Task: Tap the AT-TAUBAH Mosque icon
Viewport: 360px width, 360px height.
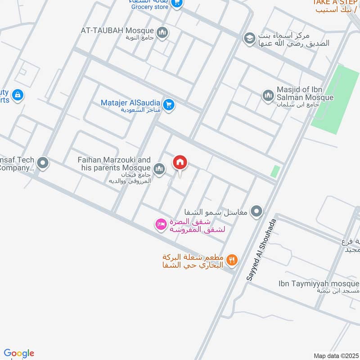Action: coord(162,32)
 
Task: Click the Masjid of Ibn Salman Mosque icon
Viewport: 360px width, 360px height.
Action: coord(268,95)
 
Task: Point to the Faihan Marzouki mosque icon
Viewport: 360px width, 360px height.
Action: coord(159,169)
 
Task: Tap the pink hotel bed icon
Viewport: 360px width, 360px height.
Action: coord(160,224)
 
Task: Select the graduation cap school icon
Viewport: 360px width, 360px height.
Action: coord(248,38)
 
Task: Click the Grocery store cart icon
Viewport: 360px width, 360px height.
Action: coord(177,4)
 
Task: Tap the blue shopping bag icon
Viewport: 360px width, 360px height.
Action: coord(18,95)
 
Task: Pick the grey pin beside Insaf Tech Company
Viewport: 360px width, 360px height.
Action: coord(43,163)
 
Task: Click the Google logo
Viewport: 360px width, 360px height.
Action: coord(19,353)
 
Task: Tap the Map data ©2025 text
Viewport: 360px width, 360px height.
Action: coord(335,355)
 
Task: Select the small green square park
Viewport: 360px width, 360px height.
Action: coord(275,171)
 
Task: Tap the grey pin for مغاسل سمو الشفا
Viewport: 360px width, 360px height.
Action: coord(256,211)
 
